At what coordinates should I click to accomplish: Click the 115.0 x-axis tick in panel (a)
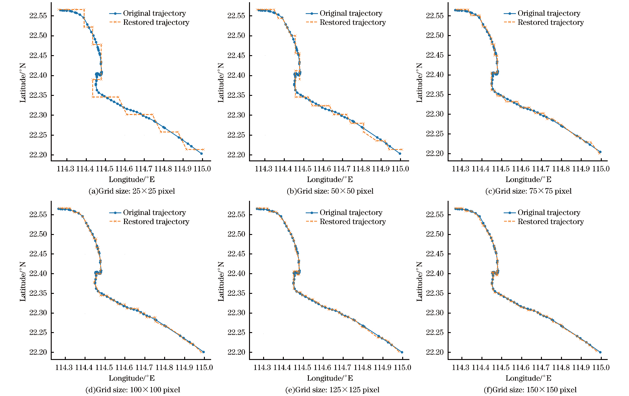pyautogui.click(x=202, y=169)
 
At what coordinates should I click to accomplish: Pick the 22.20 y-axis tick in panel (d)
pyautogui.click(x=38, y=352)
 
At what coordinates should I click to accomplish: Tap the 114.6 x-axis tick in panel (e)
pyautogui.click(x=323, y=367)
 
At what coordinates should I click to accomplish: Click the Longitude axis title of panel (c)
pyautogui.click(x=528, y=180)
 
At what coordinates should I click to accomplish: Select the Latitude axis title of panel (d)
pyautogui.click(x=23, y=281)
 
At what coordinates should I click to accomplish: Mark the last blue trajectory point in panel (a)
pyautogui.click(x=201, y=154)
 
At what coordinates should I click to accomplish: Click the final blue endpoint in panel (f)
pyautogui.click(x=600, y=352)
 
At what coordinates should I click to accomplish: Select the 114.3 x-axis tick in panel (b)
pyautogui.click(x=264, y=169)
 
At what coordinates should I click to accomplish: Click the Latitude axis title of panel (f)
pyautogui.click(x=419, y=281)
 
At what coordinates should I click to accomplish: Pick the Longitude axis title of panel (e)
pyautogui.click(x=330, y=378)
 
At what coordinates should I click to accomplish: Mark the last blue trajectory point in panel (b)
pyautogui.click(x=400, y=154)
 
